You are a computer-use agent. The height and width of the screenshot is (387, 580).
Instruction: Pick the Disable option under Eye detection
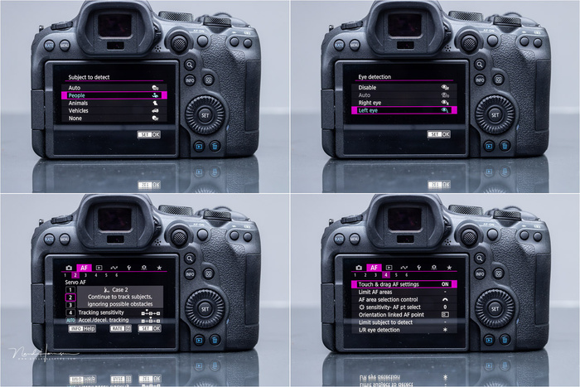367,86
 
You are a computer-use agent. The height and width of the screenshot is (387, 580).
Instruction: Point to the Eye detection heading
375,76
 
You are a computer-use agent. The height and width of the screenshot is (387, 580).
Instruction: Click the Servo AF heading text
77,283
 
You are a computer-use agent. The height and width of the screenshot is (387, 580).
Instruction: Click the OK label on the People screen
156,134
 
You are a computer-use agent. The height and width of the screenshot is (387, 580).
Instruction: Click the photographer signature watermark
46,354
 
